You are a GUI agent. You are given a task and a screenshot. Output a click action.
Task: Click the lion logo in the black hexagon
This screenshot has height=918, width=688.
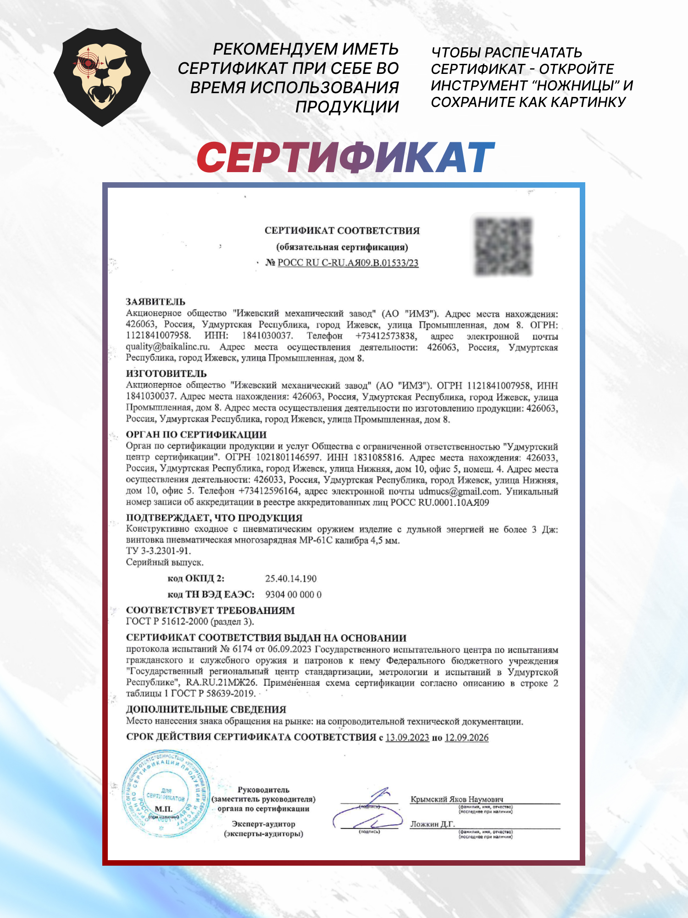[102, 77]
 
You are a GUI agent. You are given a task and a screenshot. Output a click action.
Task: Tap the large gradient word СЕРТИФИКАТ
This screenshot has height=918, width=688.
[345, 157]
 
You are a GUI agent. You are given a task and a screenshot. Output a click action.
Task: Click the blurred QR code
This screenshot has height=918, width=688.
[503, 246]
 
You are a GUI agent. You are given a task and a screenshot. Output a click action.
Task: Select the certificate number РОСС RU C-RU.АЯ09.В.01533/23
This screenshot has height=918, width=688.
[348, 263]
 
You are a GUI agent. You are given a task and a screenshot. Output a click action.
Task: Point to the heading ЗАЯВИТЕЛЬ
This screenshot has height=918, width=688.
[155, 302]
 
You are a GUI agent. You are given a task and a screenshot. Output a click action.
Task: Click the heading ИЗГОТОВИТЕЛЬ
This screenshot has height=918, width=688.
[166, 373]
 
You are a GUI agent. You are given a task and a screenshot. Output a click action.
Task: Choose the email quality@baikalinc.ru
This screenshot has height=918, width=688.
[167, 347]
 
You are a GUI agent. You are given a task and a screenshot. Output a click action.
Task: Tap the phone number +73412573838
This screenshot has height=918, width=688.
[386, 336]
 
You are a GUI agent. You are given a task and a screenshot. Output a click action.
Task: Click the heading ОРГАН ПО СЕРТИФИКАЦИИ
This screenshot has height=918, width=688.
[196, 434]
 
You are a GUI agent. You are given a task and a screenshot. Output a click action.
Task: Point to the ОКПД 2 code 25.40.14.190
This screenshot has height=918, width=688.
[291, 578]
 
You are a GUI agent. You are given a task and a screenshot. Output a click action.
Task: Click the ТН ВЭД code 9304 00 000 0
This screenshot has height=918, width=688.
[293, 594]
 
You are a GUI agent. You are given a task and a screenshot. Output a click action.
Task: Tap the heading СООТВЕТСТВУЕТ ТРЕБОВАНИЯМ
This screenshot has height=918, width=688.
[210, 610]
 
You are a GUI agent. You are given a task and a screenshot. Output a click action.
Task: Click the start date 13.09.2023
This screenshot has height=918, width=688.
[407, 737]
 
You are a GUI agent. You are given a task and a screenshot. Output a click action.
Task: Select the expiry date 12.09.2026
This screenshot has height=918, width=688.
[466, 737]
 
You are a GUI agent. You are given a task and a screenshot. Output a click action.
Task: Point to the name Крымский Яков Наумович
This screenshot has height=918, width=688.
[456, 799]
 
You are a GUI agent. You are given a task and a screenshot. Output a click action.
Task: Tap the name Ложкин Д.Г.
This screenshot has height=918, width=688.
[432, 824]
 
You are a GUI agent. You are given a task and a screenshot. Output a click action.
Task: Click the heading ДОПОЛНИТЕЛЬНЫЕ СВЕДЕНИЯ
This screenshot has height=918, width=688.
[206, 709]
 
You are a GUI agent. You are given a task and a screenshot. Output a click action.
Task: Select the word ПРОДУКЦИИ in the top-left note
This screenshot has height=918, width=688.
[347, 106]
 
